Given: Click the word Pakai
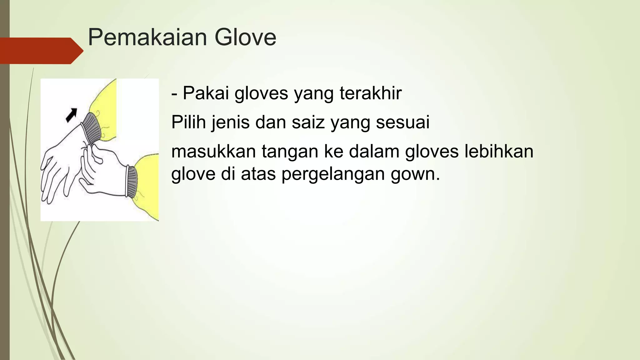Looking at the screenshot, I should [x=206, y=93].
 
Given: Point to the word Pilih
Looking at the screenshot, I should [x=188, y=122].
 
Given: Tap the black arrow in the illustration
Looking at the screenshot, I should [x=71, y=115].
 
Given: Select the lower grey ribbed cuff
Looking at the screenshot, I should [x=132, y=181].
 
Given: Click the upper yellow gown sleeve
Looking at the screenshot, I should [x=105, y=103].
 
